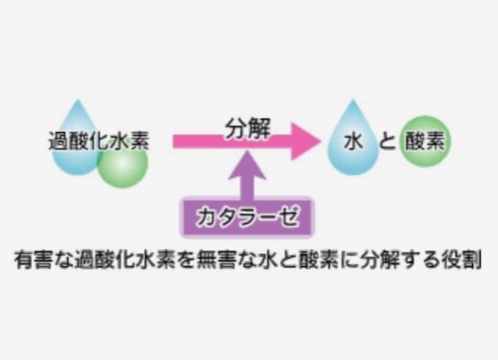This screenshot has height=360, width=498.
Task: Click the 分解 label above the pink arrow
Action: [248, 129]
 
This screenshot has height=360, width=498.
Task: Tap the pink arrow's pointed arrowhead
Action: [305, 141]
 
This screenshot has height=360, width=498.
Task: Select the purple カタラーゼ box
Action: [247, 217]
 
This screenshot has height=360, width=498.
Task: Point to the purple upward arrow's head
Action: [248, 165]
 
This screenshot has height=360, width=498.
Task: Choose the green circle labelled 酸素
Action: [425, 141]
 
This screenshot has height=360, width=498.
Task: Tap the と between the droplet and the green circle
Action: [387, 141]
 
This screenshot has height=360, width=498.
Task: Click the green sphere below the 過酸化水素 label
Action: [123, 163]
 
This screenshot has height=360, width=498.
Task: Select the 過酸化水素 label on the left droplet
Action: [99, 141]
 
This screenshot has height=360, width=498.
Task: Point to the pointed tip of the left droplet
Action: [78, 100]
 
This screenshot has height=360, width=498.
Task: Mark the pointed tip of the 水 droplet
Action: [353, 100]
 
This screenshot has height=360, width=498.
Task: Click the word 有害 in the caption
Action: [33, 260]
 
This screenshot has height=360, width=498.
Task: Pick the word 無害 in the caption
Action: [215, 260]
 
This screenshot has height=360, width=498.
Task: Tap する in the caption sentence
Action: [420, 260]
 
